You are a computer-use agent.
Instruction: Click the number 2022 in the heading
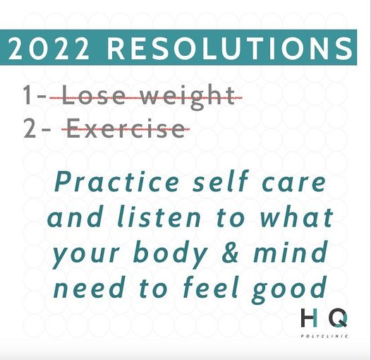click(49, 49)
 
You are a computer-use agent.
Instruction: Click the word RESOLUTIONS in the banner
click(230, 49)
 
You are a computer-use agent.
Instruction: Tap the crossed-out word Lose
click(93, 95)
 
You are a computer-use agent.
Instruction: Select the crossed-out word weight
click(188, 97)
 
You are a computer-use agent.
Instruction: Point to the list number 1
click(27, 95)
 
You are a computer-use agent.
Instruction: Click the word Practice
click(116, 181)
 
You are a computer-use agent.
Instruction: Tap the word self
click(220, 181)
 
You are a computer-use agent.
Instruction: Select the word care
click(294, 183)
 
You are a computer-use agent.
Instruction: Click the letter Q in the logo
click(339, 318)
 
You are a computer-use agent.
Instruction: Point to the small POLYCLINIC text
click(324, 336)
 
